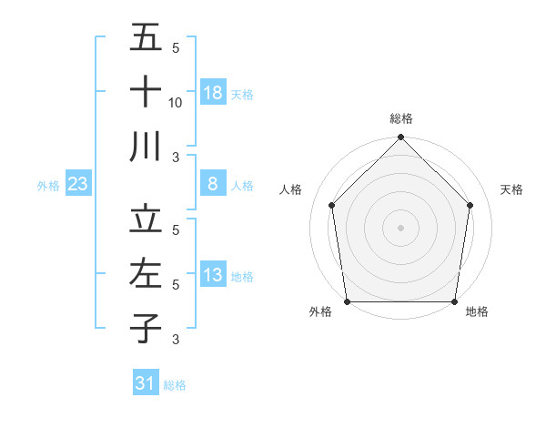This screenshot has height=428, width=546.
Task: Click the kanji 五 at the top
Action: tap(146, 38)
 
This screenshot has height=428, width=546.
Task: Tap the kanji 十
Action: tap(146, 91)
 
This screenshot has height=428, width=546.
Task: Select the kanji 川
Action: tap(146, 146)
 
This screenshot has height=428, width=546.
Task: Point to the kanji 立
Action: tap(146, 219)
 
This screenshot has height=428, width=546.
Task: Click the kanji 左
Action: tap(146, 273)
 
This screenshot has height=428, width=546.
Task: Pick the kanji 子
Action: tap(146, 328)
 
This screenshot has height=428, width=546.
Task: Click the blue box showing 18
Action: tap(213, 92)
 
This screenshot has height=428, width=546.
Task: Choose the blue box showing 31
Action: tap(146, 383)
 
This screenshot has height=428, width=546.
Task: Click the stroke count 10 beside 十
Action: tap(176, 102)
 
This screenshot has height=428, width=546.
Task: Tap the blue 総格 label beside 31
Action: tap(175, 385)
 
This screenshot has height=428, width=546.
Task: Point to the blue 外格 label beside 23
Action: tap(48, 186)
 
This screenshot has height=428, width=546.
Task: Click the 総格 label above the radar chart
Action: tap(400, 118)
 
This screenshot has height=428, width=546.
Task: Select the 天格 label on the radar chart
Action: tap(511, 189)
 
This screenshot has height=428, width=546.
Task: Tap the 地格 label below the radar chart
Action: tap(477, 312)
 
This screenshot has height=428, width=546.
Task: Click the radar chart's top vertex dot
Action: tap(400, 138)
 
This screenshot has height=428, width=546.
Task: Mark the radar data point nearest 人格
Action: tap(332, 205)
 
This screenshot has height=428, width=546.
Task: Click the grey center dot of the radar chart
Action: tap(400, 227)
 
